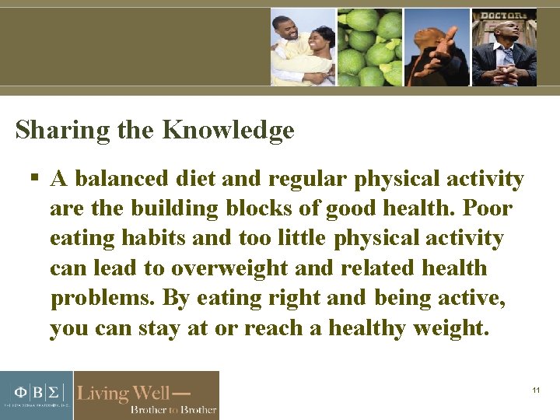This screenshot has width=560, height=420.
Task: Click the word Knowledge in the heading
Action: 228,130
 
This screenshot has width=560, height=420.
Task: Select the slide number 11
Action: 536,390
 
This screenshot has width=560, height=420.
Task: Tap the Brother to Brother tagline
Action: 173,409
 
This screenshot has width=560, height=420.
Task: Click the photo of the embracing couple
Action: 303,47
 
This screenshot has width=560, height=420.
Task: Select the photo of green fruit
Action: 369,47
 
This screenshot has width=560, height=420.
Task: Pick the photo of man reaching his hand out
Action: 436,47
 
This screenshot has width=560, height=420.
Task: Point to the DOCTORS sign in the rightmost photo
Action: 503,16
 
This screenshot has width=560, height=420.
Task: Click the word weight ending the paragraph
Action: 448,328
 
